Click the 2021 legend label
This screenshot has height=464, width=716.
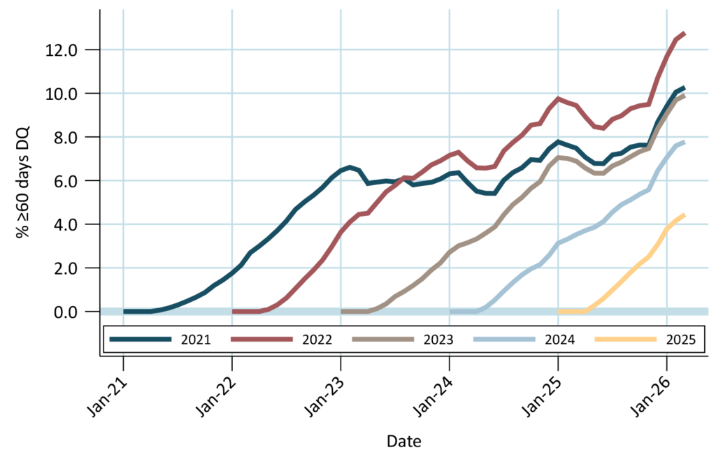(196, 340)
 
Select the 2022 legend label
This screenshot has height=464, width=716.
(317, 340)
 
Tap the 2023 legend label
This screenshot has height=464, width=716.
(438, 340)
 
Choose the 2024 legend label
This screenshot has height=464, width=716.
(560, 340)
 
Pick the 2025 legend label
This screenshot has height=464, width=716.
(681, 340)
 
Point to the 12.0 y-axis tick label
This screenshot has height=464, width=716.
(62, 50)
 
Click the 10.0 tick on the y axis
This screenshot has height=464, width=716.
(62, 94)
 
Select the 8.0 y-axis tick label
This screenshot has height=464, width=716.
(66, 138)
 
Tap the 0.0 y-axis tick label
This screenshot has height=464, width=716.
(66, 312)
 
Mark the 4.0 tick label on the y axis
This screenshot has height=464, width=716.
(66, 224)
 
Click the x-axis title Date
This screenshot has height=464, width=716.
(404, 441)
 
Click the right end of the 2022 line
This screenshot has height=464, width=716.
(685, 34)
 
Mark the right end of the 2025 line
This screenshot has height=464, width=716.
(685, 215)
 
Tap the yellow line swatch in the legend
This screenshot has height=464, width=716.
(626, 340)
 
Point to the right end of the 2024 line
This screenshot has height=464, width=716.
(685, 143)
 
